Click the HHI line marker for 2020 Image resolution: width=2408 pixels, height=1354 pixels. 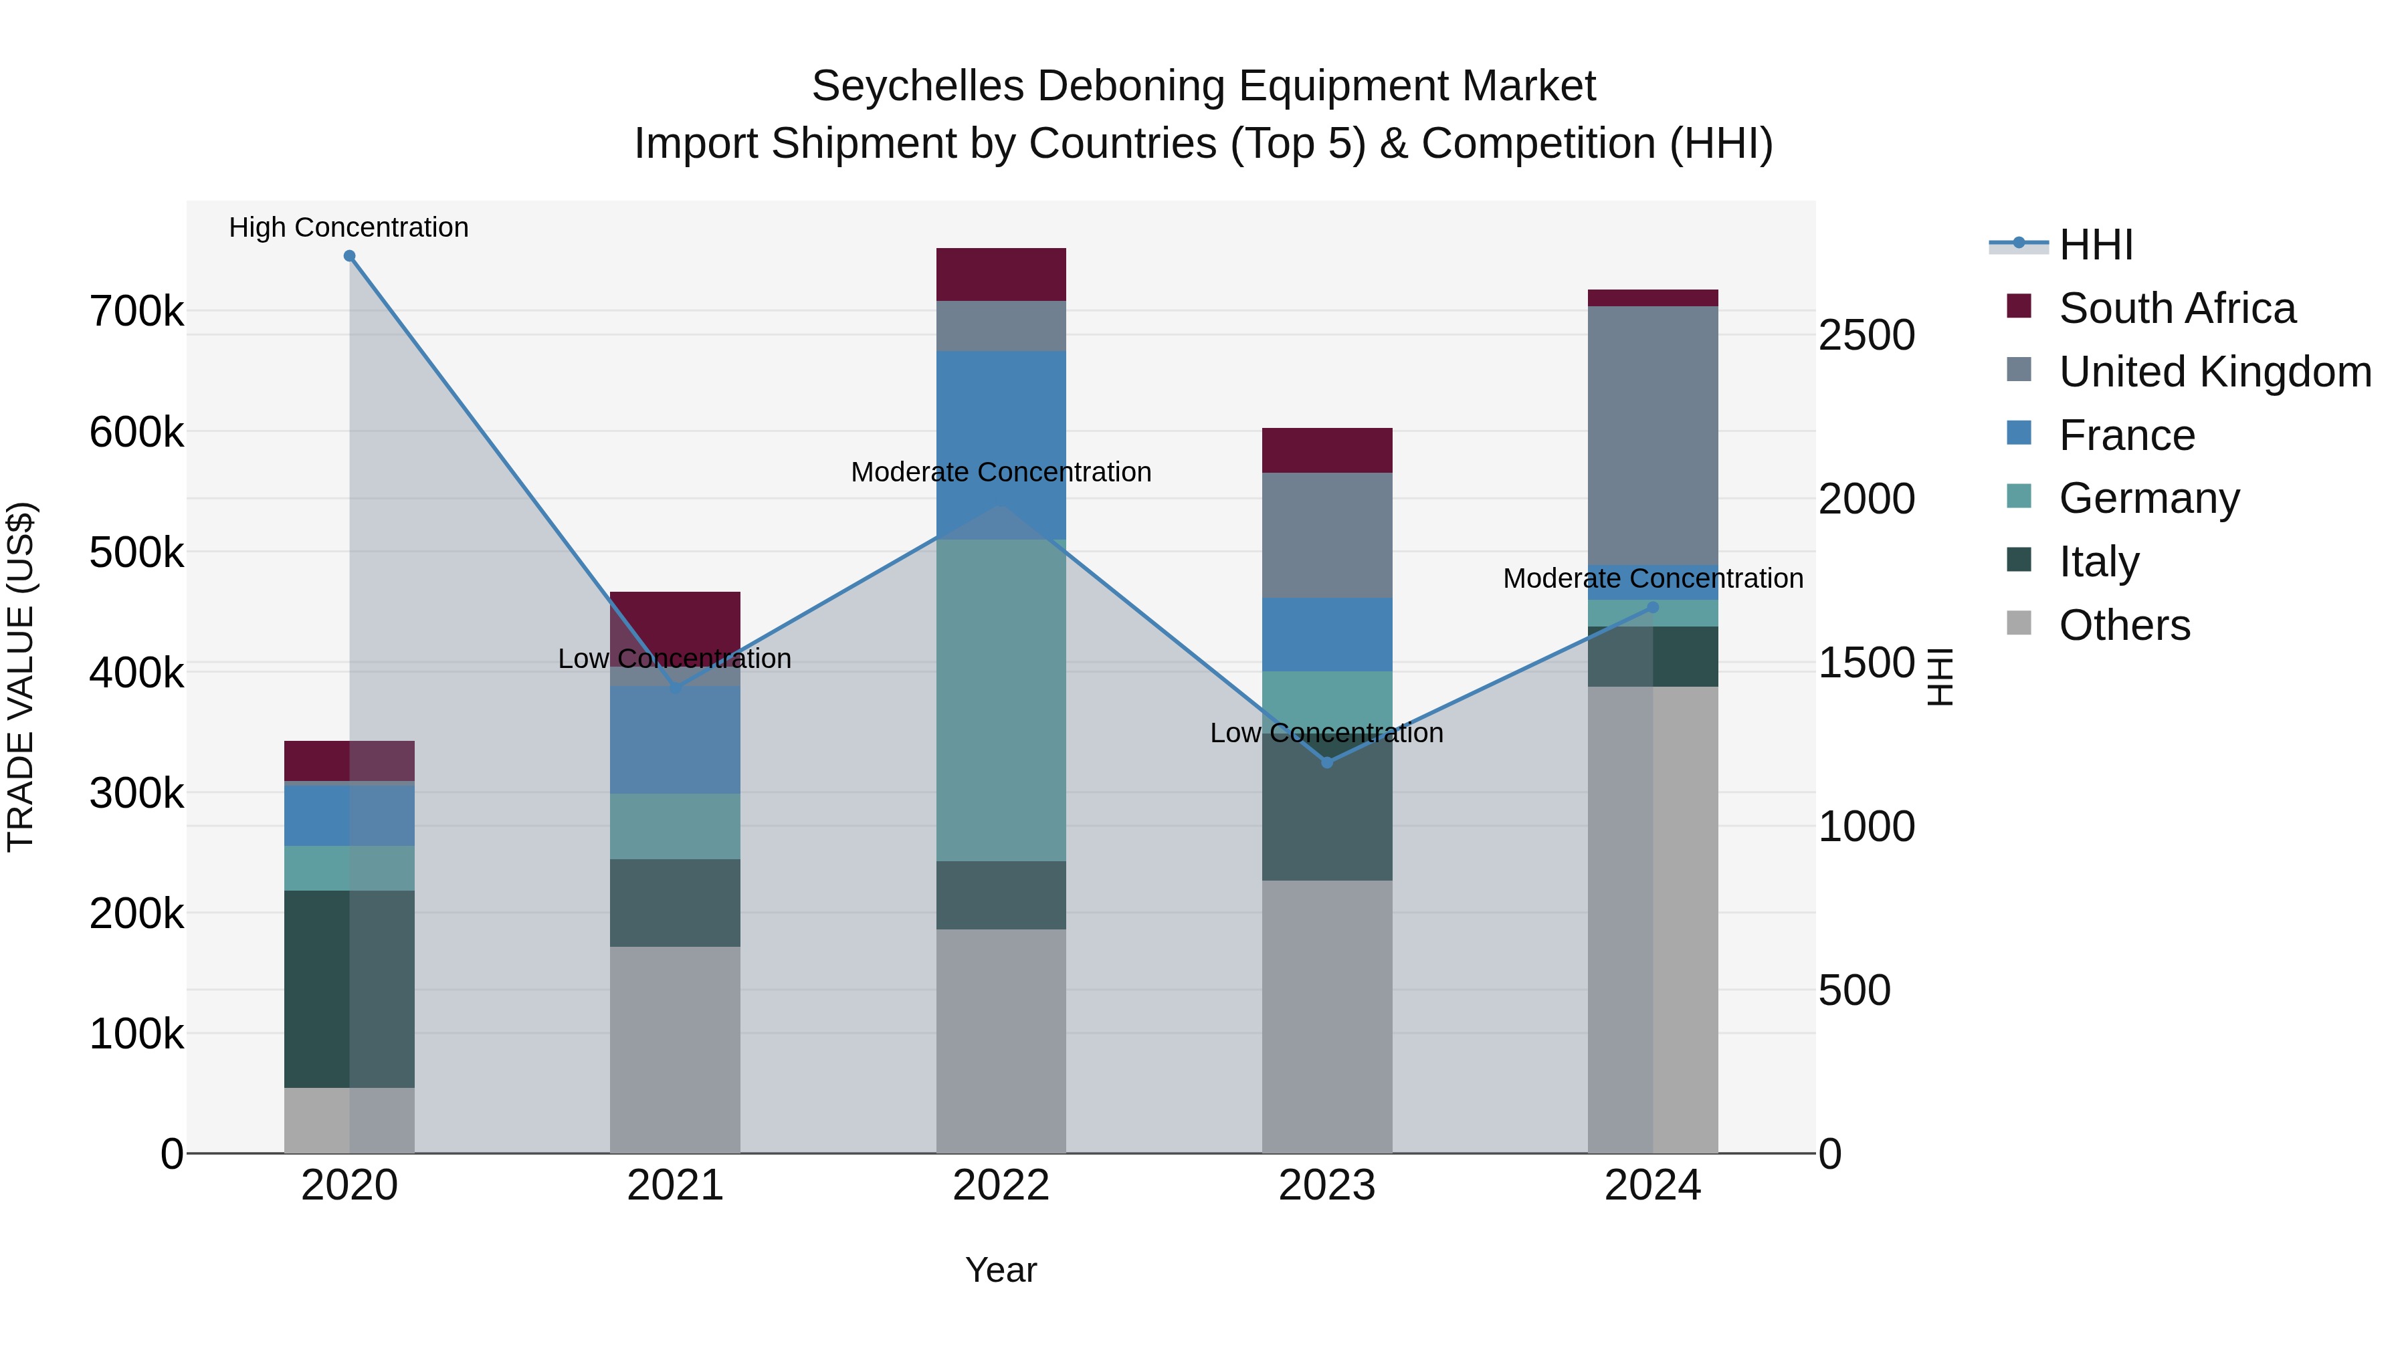coord(350,256)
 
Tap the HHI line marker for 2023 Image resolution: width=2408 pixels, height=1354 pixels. coord(1326,762)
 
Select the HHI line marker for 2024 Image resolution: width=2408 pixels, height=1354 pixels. coord(1653,607)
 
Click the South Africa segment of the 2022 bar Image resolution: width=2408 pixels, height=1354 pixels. coord(1001,275)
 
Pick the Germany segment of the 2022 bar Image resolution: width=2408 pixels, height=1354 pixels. coord(1001,700)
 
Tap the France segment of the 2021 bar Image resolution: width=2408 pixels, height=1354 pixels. coord(675,740)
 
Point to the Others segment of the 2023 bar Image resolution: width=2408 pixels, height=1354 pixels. coord(1326,1016)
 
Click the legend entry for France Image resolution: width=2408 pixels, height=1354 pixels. coord(2126,435)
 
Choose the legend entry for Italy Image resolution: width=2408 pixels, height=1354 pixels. coord(2098,562)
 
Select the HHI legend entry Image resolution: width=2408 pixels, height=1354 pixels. coord(2095,245)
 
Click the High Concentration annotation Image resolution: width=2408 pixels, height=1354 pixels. coord(348,228)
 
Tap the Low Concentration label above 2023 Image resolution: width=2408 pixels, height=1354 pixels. coord(1326,734)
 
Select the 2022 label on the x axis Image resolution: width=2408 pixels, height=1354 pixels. coord(1001,1186)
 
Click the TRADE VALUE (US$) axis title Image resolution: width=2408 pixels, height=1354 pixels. coord(21,677)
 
